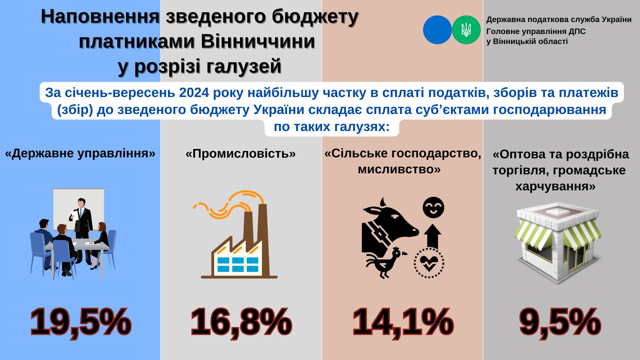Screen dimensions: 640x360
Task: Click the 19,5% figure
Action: click(x=80, y=322)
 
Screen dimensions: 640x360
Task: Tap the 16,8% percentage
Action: click(x=241, y=322)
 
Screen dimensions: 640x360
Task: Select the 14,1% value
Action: click(x=403, y=322)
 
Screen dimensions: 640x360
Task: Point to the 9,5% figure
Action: click(x=560, y=322)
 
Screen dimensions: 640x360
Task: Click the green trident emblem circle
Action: click(x=466, y=30)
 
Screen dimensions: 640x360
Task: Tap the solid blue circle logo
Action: click(x=437, y=30)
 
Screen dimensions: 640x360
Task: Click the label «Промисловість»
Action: click(x=241, y=154)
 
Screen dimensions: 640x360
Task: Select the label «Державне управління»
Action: click(x=80, y=153)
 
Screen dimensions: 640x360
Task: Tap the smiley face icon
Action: click(x=433, y=207)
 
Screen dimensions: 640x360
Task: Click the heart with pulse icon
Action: click(x=429, y=263)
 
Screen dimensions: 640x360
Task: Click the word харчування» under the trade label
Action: click(x=555, y=186)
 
